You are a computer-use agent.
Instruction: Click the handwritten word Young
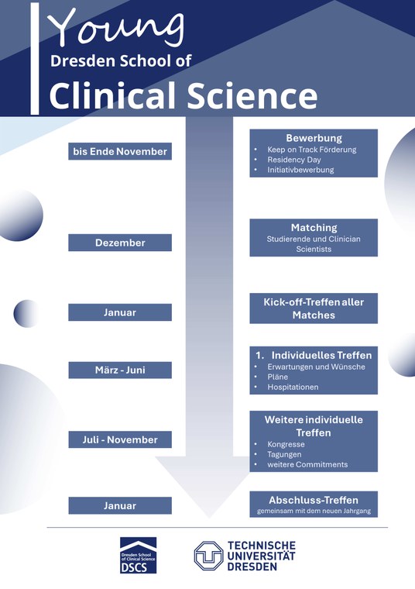tap(116, 28)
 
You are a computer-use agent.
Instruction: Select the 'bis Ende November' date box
tap(120, 151)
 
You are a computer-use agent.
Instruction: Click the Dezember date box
tap(120, 243)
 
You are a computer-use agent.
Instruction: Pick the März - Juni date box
tap(120, 370)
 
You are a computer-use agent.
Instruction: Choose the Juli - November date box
tap(120, 439)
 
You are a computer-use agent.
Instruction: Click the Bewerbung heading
tap(314, 138)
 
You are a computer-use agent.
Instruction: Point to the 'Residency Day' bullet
tap(294, 160)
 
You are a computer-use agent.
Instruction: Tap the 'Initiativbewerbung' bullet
tap(300, 170)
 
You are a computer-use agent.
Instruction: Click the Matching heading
tap(314, 228)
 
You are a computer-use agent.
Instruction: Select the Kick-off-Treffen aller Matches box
tap(314, 308)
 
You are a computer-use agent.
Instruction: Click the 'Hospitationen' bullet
tap(293, 387)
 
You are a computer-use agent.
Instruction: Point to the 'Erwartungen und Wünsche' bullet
tap(317, 367)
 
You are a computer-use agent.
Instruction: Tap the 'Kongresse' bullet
tap(286, 444)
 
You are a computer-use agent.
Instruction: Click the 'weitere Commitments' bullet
tap(307, 465)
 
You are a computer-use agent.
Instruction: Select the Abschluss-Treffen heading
tap(314, 501)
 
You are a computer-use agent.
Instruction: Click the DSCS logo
tap(138, 555)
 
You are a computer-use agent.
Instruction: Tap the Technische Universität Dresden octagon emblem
tap(208, 556)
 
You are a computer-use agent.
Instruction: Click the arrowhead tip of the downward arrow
tap(208, 518)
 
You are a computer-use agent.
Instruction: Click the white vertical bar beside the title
tap(35, 59)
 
